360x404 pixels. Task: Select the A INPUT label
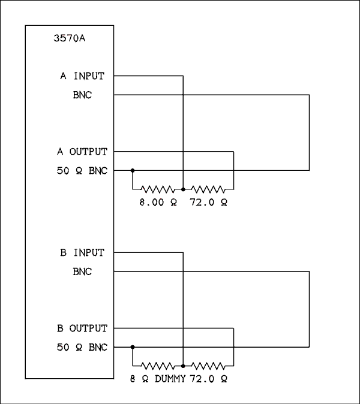click(82, 76)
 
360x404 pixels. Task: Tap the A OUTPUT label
click(82, 152)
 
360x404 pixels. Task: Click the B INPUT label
click(82, 252)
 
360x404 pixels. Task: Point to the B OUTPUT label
click(82, 328)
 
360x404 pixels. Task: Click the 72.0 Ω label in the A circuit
click(208, 203)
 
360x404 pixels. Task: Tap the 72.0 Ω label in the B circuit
click(208, 379)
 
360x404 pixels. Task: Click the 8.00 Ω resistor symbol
click(157, 189)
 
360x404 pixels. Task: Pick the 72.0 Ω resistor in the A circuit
click(208, 189)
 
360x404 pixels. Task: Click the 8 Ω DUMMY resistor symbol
click(157, 365)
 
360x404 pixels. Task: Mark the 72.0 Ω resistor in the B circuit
click(208, 365)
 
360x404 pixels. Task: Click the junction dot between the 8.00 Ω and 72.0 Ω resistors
click(183, 189)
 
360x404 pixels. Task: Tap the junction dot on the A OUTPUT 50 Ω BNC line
click(133, 170)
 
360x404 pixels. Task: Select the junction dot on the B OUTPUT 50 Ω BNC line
click(133, 346)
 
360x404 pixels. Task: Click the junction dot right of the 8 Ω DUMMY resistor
click(183, 365)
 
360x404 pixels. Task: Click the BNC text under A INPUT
click(82, 95)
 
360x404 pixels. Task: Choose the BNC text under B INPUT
click(82, 272)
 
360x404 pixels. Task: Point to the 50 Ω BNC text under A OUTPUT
click(82, 171)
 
